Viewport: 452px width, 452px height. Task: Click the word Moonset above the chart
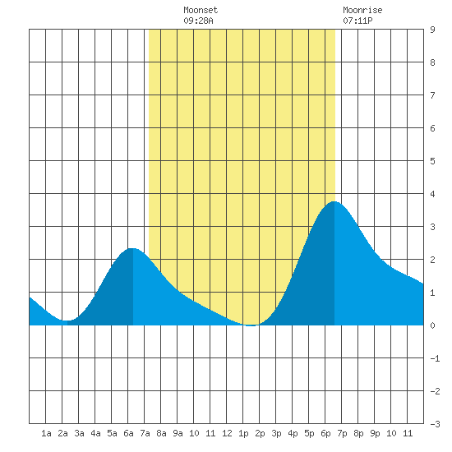[x=201, y=10]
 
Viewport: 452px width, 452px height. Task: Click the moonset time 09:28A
[x=198, y=21]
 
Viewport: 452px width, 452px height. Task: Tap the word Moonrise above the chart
[x=362, y=10]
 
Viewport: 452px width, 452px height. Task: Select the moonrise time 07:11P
[x=357, y=21]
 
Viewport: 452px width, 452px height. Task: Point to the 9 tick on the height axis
[x=432, y=30]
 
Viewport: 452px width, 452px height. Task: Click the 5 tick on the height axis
[x=432, y=161]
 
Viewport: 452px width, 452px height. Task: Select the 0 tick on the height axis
[x=432, y=325]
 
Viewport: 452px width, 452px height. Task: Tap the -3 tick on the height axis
[x=435, y=424]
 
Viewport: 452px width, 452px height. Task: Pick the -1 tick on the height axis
[x=435, y=358]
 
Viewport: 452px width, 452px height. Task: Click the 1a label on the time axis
[x=46, y=433]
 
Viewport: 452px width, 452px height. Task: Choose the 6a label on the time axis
[x=128, y=433]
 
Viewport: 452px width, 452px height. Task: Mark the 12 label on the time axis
[x=227, y=433]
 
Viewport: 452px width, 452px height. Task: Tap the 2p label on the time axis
[x=260, y=433]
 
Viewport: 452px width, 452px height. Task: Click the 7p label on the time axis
[x=342, y=433]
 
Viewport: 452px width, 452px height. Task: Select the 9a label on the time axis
[x=178, y=433]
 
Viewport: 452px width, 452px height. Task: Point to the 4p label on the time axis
[x=293, y=433]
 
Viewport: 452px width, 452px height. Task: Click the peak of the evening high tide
[x=334, y=201]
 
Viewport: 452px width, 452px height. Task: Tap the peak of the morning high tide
[x=132, y=248]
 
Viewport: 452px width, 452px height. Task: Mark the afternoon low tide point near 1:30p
[x=251, y=325]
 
